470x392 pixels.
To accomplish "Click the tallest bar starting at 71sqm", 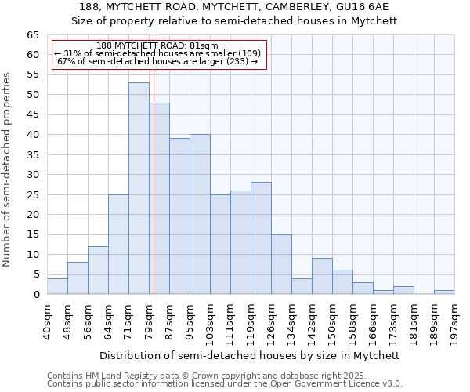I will click(139, 188).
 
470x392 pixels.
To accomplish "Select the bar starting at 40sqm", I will click(57, 286).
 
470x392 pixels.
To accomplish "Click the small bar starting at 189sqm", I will click(444, 292).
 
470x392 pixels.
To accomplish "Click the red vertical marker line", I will click(154, 196).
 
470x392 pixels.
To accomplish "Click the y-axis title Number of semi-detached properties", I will click(8, 169).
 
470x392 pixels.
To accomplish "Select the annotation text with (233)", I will click(157, 62).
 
